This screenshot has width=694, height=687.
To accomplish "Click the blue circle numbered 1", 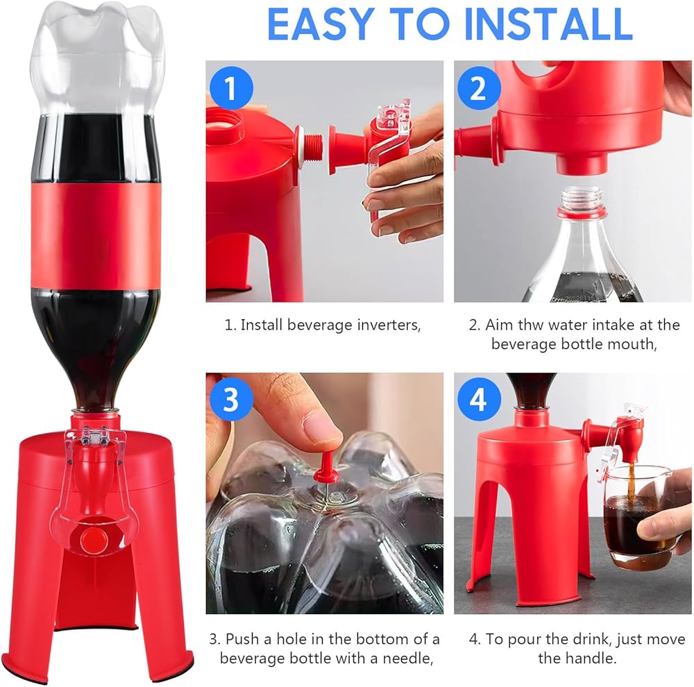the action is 231,87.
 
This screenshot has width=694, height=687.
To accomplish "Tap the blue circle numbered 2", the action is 479,87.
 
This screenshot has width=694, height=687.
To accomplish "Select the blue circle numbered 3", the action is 231,399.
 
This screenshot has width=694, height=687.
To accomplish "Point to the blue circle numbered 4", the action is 479,399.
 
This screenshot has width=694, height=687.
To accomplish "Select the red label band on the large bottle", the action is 96,237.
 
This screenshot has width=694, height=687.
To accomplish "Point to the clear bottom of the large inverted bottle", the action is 97,58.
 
